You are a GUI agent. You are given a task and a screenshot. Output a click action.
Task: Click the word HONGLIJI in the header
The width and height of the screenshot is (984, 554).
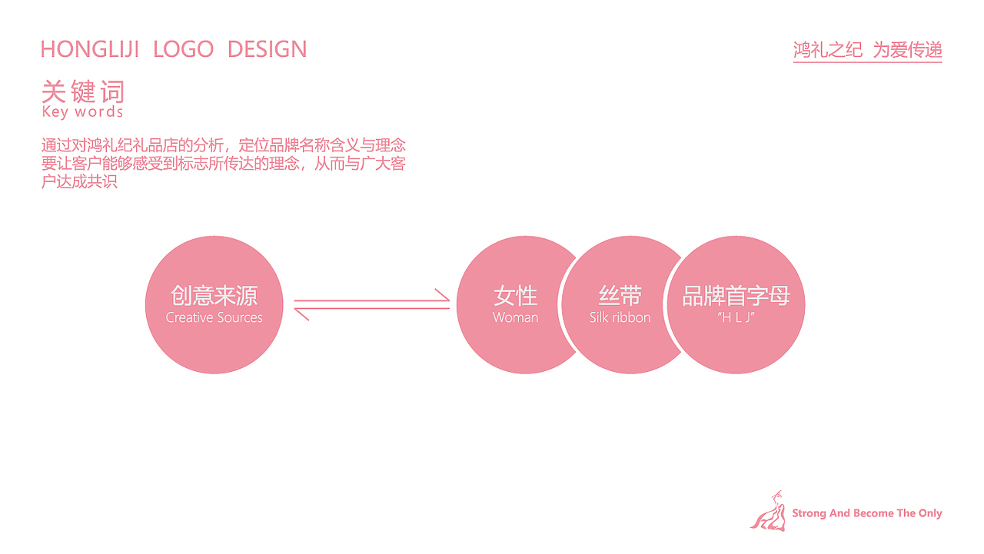pyautogui.click(x=89, y=50)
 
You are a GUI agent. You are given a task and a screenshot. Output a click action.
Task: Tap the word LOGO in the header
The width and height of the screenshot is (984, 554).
pyautogui.click(x=183, y=50)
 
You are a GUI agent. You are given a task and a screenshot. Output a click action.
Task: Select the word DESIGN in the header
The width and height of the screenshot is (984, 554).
pyautogui.click(x=267, y=50)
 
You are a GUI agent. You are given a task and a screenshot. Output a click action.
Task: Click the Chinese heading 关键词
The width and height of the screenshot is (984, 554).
pyautogui.click(x=83, y=92)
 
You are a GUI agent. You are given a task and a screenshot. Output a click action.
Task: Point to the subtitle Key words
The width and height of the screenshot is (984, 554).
pyautogui.click(x=82, y=112)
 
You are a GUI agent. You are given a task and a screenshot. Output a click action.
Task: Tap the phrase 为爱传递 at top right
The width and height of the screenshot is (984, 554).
pyautogui.click(x=907, y=51)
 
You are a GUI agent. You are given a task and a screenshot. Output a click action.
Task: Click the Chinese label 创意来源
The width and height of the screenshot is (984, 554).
pyautogui.click(x=214, y=297)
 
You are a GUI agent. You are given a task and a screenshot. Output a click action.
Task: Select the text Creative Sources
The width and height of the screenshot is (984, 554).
pyautogui.click(x=214, y=318)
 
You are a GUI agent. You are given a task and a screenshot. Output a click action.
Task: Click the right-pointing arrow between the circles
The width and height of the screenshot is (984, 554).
pyautogui.click(x=372, y=298)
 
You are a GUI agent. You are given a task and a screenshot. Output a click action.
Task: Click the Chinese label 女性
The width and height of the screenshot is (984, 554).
pyautogui.click(x=515, y=297)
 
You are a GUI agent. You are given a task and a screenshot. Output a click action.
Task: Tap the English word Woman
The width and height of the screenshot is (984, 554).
pyautogui.click(x=515, y=318)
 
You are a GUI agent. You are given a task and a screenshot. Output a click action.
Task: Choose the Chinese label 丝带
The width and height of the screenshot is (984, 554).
pyautogui.click(x=620, y=297)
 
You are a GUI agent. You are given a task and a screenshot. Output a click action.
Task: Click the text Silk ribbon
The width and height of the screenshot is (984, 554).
pyautogui.click(x=620, y=318)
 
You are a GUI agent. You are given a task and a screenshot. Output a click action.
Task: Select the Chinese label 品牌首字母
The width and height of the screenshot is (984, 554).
pyautogui.click(x=736, y=297)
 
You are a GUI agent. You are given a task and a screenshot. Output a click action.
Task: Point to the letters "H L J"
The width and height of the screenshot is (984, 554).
pyautogui.click(x=736, y=317)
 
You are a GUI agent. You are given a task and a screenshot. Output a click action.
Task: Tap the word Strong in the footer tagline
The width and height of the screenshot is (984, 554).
pyautogui.click(x=809, y=513)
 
